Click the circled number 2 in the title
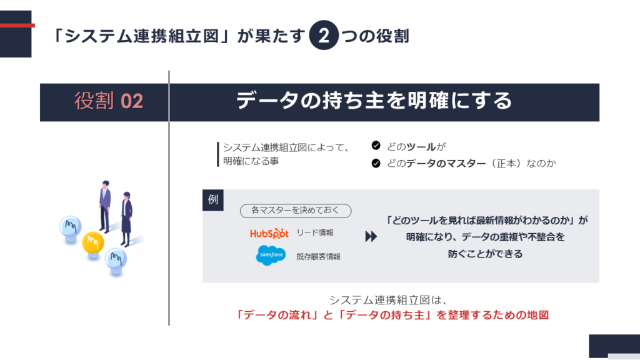(324, 36)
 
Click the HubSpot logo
(269, 233)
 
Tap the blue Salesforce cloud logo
(271, 255)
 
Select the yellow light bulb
(93, 244)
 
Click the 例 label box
(213, 200)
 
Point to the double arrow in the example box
(371, 236)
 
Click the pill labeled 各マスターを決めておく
(296, 211)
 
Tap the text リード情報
(315, 232)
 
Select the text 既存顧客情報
(318, 257)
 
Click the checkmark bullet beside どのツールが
(376, 146)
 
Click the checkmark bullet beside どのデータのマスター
(376, 163)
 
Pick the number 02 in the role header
(132, 101)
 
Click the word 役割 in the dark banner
(94, 101)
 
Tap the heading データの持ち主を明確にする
(374, 101)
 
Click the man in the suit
(105, 206)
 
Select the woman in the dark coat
(126, 219)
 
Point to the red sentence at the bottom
(392, 315)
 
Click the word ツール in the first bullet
(421, 146)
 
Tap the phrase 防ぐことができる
(485, 254)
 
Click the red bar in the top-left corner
(17, 25)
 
